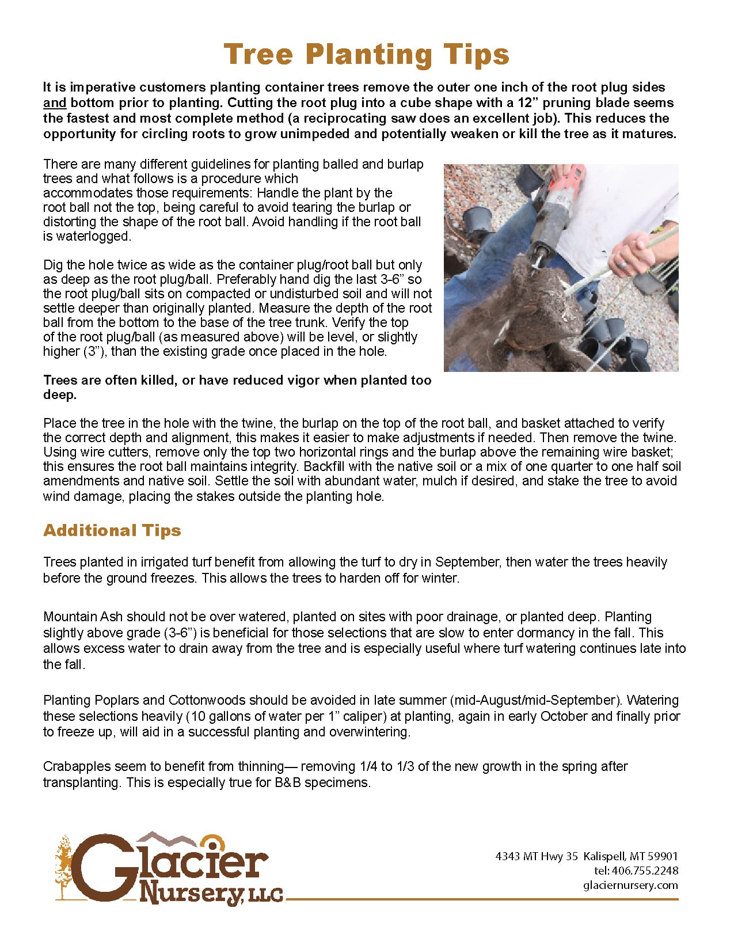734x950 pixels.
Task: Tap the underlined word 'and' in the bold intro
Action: [55, 103]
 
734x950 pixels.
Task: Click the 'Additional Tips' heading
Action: [112, 530]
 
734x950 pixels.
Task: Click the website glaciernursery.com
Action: [630, 885]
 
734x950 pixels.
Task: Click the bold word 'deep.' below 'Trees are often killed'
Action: [60, 395]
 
